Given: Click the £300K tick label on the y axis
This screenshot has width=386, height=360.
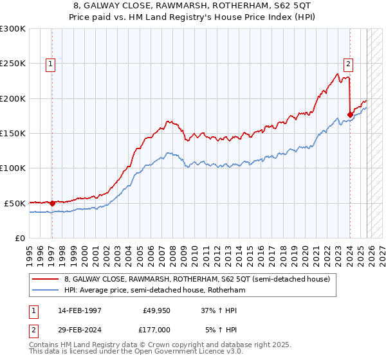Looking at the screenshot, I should (x=13, y=29).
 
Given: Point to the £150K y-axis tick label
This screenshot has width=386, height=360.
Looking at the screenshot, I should (x=13, y=133).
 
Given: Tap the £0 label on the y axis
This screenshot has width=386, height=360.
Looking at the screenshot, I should (x=19, y=238).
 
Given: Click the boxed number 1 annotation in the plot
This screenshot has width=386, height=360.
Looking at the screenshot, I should (x=50, y=64).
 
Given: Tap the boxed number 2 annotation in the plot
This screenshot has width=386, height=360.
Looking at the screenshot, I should (x=348, y=64).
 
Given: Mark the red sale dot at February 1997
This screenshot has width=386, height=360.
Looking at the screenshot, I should (x=53, y=203).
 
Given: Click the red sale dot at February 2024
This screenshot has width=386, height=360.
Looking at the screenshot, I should (x=351, y=114).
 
